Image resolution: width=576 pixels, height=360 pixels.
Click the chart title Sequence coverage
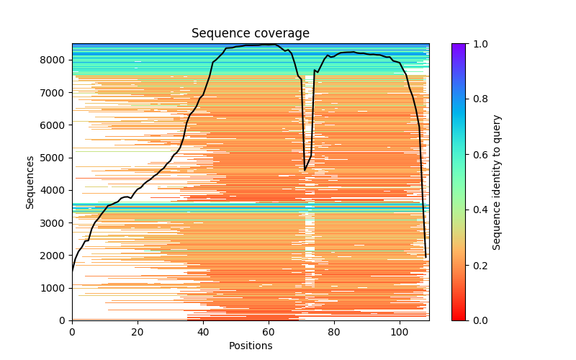250,34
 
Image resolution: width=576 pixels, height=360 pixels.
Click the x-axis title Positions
250,346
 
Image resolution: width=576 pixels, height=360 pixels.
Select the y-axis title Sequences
30,182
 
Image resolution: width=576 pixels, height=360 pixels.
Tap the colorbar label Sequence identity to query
497,182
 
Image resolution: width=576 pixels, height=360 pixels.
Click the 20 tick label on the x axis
138,332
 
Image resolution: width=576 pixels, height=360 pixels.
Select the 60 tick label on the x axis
269,332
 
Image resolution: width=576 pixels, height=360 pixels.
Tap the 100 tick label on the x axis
400,332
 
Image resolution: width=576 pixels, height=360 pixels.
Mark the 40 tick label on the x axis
203,332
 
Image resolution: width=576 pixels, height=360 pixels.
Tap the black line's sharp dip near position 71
305,170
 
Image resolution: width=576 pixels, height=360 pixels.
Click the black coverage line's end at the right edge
426,257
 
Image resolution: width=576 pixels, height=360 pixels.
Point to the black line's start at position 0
72,271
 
